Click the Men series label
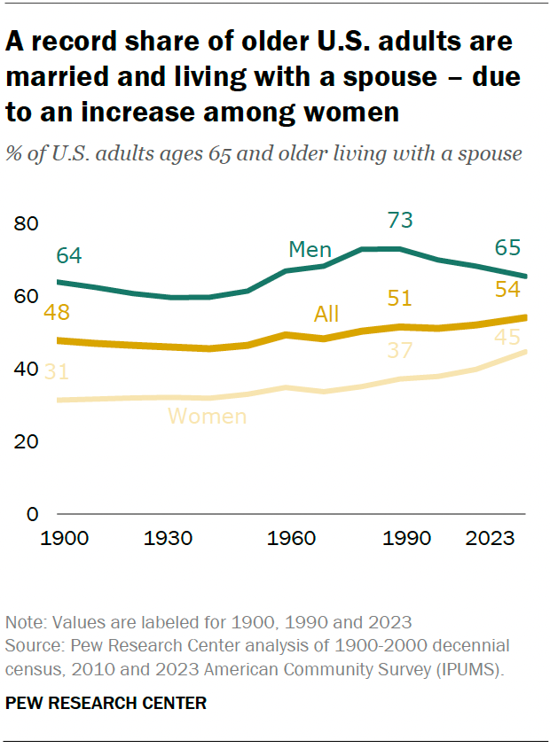coord(310,250)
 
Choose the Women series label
coord(207,416)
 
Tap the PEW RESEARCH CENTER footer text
coord(106,704)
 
